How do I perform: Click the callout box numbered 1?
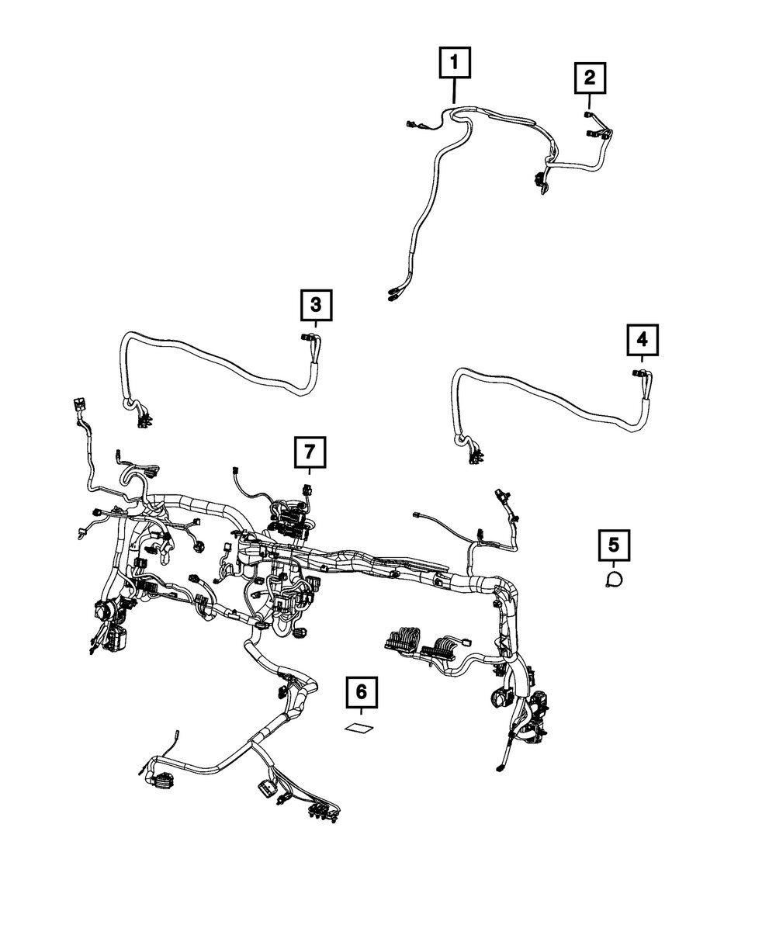(455, 63)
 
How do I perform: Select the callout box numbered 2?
(590, 78)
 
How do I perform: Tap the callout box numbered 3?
(316, 305)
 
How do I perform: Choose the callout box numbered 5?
(614, 545)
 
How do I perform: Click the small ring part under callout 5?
(615, 578)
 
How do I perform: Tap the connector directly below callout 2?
(589, 114)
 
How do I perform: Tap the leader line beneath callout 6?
(360, 715)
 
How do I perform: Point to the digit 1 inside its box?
(455, 63)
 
